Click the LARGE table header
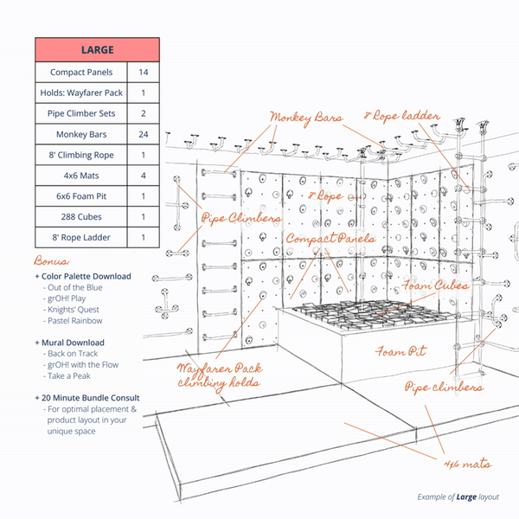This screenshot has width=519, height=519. pyautogui.click(x=97, y=50)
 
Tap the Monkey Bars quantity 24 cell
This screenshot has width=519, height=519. pyautogui.click(x=143, y=134)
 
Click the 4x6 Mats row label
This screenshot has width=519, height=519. pyautogui.click(x=81, y=176)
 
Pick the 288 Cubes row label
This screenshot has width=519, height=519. pyautogui.click(x=81, y=216)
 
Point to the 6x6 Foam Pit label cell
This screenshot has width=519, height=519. pyautogui.click(x=81, y=195)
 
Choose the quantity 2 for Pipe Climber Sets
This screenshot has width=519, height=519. pyautogui.click(x=143, y=113)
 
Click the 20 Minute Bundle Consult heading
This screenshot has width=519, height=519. pyautogui.click(x=93, y=398)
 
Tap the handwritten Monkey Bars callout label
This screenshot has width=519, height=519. pyautogui.click(x=305, y=117)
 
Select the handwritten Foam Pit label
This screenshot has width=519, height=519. pyautogui.click(x=399, y=352)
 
